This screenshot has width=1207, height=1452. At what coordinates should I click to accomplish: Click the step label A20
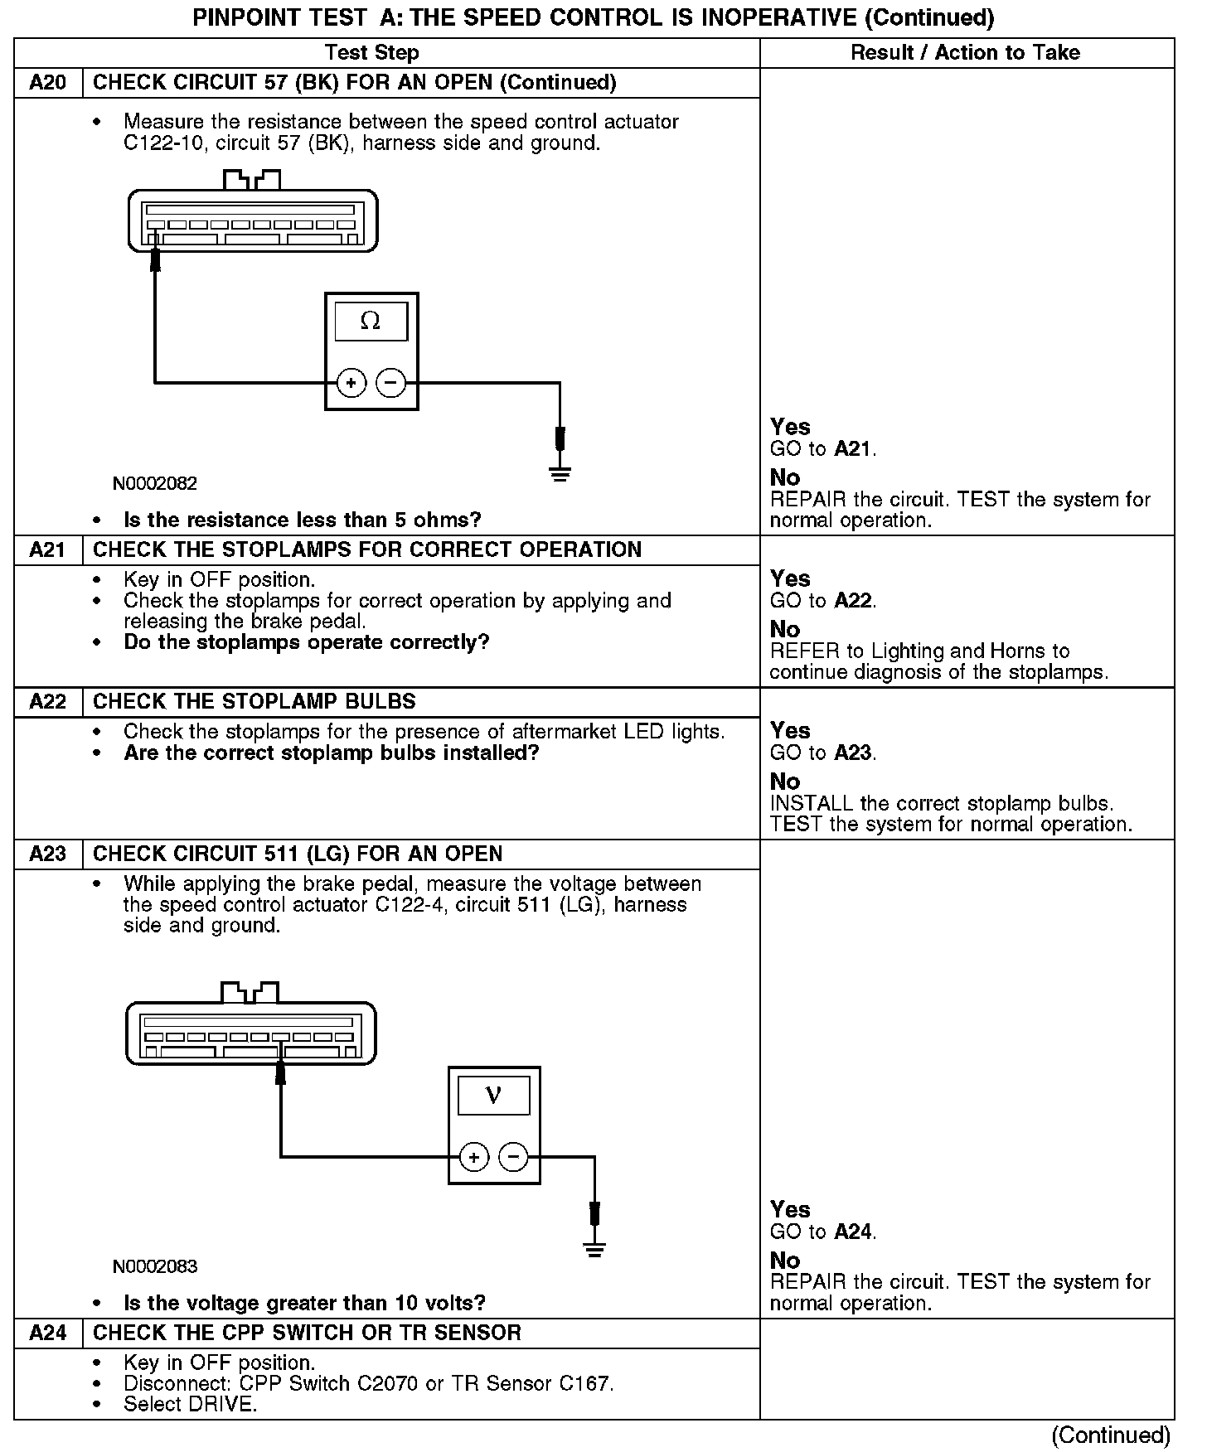(48, 83)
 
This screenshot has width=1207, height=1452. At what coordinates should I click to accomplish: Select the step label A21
(48, 550)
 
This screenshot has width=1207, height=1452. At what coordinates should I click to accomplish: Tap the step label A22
(48, 702)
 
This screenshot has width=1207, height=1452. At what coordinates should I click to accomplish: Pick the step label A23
(48, 854)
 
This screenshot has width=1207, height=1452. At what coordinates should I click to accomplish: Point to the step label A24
(48, 1333)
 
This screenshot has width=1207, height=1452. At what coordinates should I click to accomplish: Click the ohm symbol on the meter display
(371, 322)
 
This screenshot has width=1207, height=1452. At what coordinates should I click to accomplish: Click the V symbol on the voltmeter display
(493, 1096)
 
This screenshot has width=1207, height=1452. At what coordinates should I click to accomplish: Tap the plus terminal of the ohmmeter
(351, 383)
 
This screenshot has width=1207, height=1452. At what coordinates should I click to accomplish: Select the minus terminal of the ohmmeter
(390, 383)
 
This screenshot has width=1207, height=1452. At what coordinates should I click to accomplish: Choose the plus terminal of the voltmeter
(474, 1157)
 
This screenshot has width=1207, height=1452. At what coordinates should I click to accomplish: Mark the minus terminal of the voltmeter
(514, 1157)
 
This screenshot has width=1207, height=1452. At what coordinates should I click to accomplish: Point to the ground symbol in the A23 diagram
(594, 1249)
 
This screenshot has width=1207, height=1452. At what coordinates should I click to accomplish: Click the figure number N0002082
(155, 483)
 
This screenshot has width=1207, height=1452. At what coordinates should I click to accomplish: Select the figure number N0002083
(155, 1266)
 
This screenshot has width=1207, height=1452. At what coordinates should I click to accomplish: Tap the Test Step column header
(372, 53)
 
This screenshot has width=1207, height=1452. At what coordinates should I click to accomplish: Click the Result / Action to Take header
(966, 53)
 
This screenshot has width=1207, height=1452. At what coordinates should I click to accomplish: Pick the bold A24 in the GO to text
(853, 1232)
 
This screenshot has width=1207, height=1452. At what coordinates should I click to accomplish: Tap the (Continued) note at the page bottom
(1110, 1435)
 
